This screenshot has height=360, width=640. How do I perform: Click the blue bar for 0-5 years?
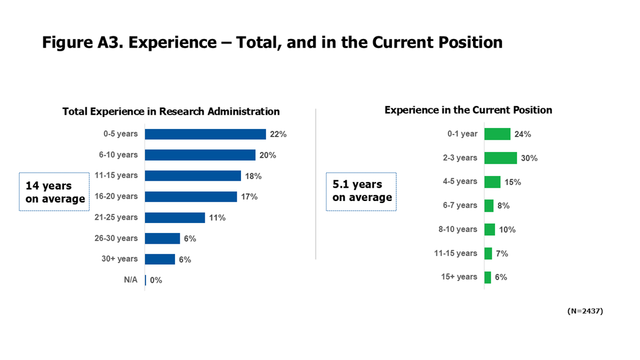pos(205,134)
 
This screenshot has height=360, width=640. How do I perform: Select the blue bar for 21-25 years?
pos(175,218)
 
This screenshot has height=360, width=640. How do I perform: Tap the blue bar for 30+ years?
pos(160,259)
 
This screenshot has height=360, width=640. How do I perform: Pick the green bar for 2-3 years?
pos(500,158)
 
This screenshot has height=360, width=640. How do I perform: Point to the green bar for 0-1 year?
pos(497,134)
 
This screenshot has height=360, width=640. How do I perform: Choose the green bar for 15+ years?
pos(487,277)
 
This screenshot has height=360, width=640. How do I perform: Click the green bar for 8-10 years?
pos(490,229)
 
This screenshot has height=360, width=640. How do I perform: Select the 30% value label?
pos(530,158)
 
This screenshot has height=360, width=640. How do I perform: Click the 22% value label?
pos(278,134)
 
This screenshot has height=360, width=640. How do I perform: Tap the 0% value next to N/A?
pos(156,280)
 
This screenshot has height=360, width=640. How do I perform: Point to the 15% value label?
pos(513,182)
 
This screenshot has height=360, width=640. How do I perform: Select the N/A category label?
pos(131,280)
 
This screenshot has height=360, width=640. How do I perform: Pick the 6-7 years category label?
pos(460,205)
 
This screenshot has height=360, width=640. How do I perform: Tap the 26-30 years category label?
pos(116,238)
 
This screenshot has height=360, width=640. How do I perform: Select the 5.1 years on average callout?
pos(362,191)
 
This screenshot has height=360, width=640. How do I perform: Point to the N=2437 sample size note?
pos(585,311)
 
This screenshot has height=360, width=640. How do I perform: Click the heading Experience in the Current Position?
pos(468,110)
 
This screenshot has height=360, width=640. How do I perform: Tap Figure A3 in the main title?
pos(82,43)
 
